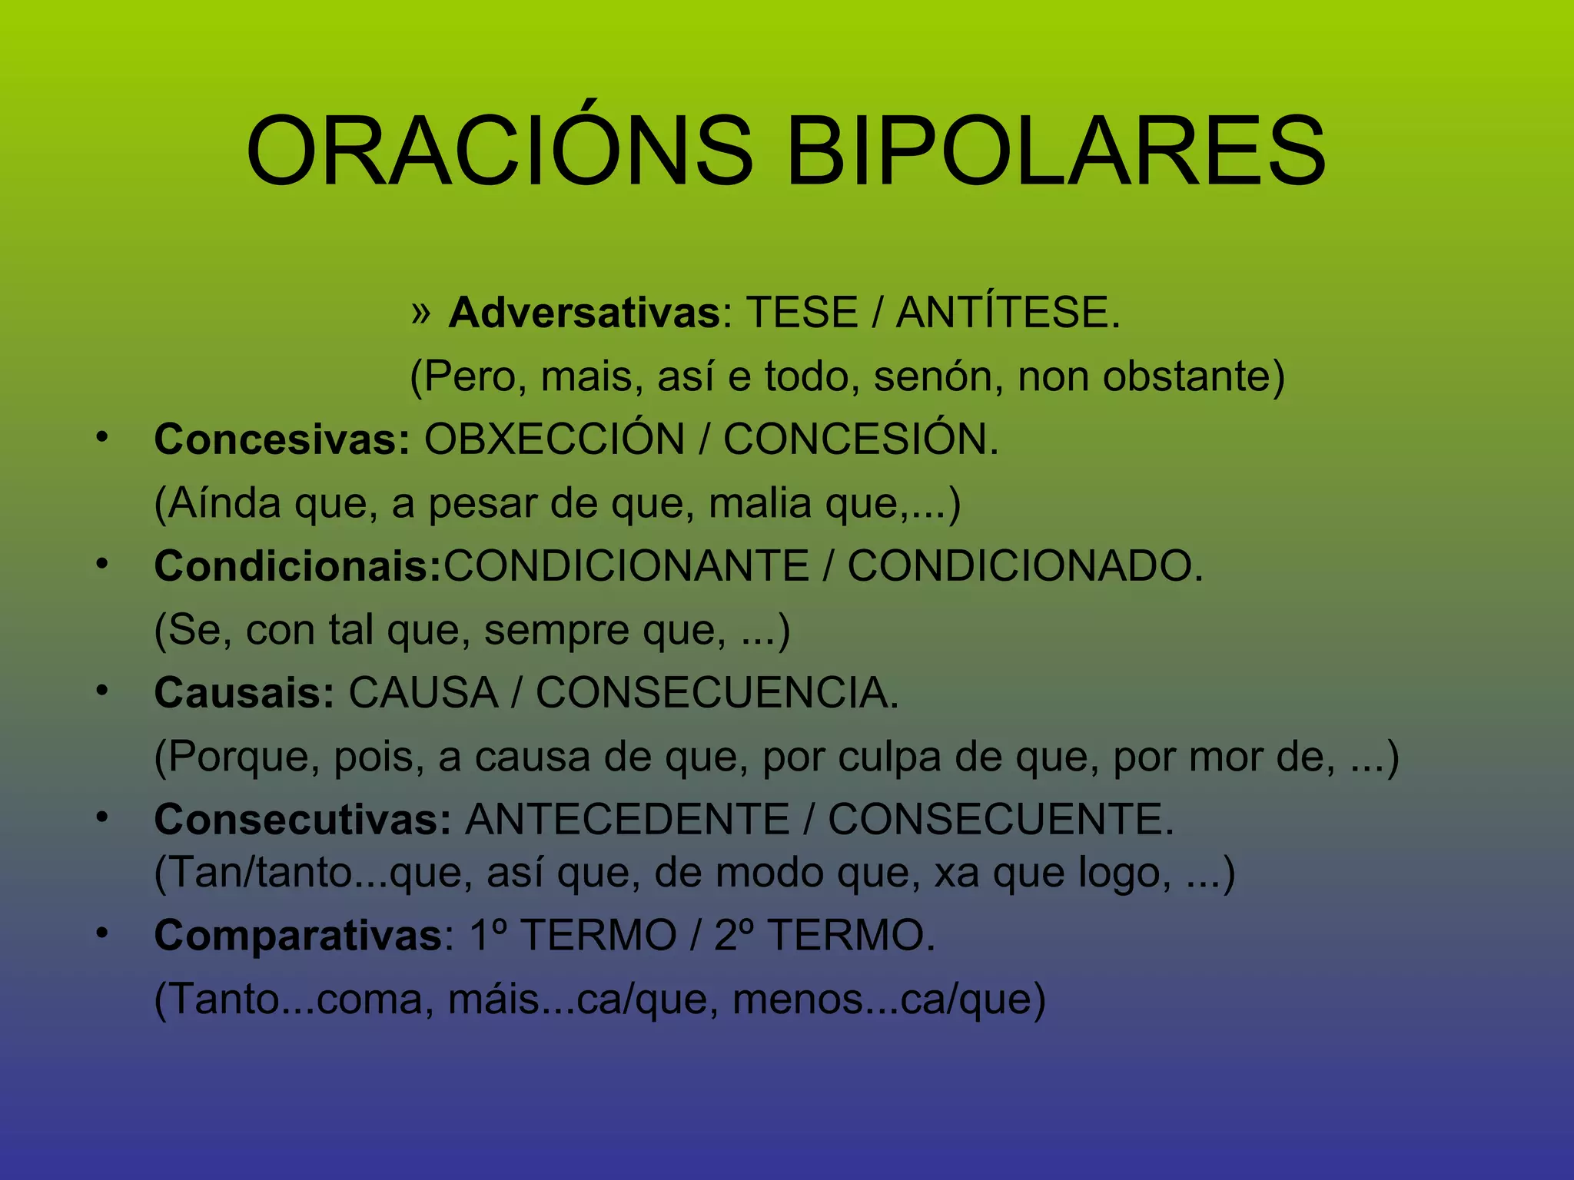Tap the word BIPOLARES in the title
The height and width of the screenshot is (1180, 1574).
pyautogui.click(x=1056, y=151)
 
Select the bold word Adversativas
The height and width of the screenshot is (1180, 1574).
pyautogui.click(x=584, y=313)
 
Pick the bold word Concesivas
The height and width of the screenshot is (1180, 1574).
pyautogui.click(x=281, y=439)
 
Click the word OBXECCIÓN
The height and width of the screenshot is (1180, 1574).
pyautogui.click(x=554, y=439)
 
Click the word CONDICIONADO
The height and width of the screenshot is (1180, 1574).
pyautogui.click(x=1025, y=566)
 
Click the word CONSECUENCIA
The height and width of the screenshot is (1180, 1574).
pyautogui.click(x=716, y=693)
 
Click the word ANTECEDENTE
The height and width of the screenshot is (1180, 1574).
pyautogui.click(x=627, y=820)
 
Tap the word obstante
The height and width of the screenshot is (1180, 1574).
pyautogui.click(x=1194, y=376)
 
